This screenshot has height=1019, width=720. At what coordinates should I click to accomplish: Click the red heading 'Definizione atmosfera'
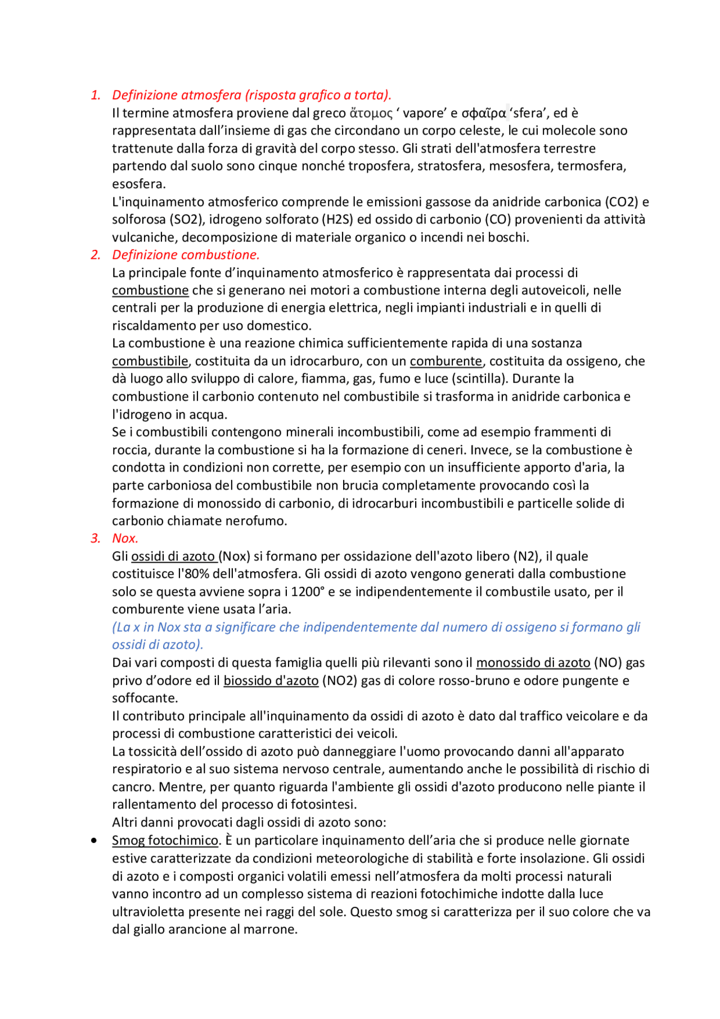click(178, 95)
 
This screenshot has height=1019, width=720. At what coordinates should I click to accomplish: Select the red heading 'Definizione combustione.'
click(186, 255)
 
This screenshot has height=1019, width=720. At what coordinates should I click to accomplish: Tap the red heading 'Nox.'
click(125, 538)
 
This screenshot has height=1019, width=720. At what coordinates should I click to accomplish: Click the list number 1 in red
click(96, 95)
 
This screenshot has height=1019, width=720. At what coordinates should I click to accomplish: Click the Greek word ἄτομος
click(371, 113)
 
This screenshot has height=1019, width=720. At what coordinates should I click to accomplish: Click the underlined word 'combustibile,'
click(151, 361)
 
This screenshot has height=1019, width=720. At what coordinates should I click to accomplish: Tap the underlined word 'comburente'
click(445, 361)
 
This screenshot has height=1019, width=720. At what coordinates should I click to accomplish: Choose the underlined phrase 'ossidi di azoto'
click(173, 556)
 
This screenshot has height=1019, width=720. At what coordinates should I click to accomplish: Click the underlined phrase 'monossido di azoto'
click(533, 663)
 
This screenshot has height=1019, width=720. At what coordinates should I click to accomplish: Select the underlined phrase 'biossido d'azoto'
click(271, 681)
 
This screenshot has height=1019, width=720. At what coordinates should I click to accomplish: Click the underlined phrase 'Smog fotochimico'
click(165, 841)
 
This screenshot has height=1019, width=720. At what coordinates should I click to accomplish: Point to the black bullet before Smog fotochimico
click(94, 841)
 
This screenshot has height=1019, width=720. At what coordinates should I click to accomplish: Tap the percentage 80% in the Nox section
click(191, 574)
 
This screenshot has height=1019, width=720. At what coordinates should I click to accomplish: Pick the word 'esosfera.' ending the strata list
click(138, 184)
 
